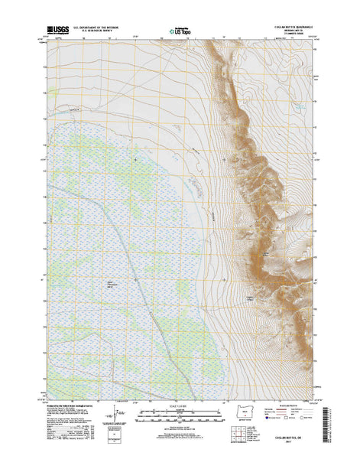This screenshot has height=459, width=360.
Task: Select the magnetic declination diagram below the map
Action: click(118, 417)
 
